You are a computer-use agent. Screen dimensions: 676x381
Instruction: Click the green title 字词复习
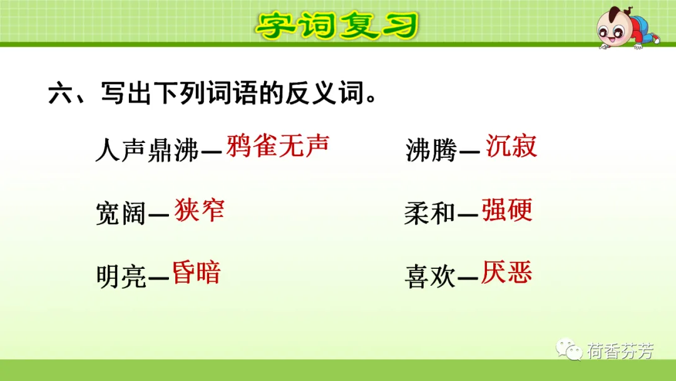(x=337, y=25)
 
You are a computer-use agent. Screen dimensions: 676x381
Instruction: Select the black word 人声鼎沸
(x=147, y=150)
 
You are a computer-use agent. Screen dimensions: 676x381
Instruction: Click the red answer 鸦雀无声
(x=278, y=145)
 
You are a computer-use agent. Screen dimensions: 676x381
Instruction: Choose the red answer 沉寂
(x=511, y=145)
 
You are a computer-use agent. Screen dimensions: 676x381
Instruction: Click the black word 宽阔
(x=121, y=213)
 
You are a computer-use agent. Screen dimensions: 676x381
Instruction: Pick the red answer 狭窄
(x=200, y=210)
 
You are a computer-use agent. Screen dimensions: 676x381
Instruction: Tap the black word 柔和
(x=430, y=213)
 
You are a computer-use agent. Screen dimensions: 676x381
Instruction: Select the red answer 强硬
(x=507, y=210)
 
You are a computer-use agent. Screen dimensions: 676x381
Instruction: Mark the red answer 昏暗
(x=197, y=272)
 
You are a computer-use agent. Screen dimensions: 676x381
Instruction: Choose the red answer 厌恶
(x=506, y=272)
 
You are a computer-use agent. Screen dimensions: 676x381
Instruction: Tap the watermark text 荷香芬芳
(x=620, y=351)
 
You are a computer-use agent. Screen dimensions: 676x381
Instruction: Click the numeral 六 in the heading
(x=60, y=93)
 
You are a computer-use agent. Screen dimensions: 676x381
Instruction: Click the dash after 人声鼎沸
(x=212, y=152)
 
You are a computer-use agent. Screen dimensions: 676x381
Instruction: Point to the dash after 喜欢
(x=468, y=278)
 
